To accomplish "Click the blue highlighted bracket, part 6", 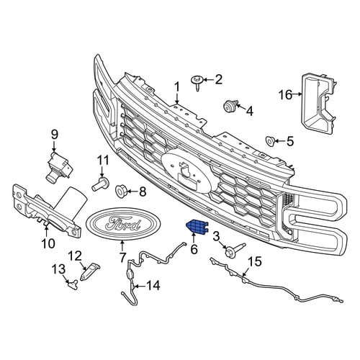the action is [197, 227].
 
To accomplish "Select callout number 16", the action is [286, 95].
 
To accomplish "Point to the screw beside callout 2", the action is [197, 82].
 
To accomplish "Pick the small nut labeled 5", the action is [270, 141].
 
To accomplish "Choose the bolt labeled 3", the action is [234, 248].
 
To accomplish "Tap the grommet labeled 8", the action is [121, 191].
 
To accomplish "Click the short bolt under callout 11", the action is [101, 184].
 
